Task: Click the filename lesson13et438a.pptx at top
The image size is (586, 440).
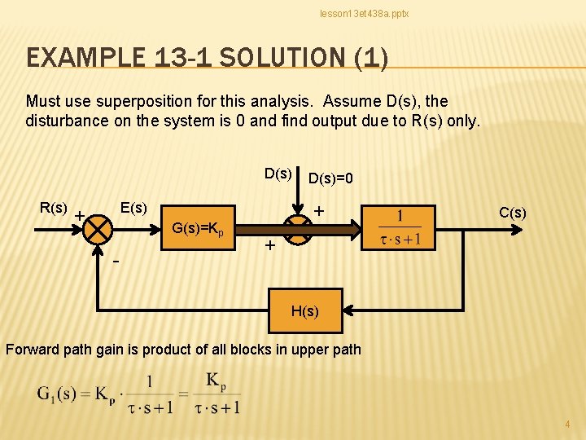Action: [x=364, y=14]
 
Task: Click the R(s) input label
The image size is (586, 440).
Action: [x=54, y=208]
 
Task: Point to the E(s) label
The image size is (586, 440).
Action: [x=133, y=208]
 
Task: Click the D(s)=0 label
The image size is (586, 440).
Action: [x=331, y=178]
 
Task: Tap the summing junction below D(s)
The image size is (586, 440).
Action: [x=299, y=231]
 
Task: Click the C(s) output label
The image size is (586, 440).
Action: [x=513, y=213]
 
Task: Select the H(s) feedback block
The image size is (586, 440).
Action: [x=305, y=310]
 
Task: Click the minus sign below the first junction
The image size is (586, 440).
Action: [x=117, y=262]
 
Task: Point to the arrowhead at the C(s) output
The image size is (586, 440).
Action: [x=518, y=230]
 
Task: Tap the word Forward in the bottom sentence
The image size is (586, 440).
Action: [x=32, y=350]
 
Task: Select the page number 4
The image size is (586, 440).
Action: [x=568, y=425]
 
